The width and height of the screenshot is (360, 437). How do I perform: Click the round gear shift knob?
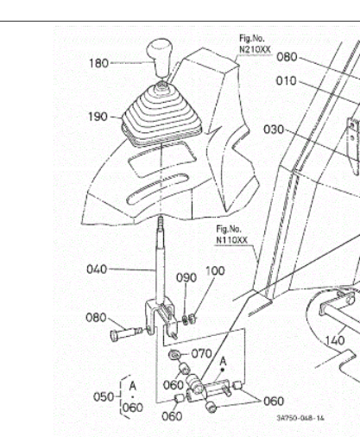[x=160, y=57]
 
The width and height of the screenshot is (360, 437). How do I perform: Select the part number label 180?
[x=98, y=63]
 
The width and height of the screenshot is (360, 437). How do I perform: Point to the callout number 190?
[x=98, y=117]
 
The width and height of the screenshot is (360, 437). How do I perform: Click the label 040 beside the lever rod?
[x=97, y=269]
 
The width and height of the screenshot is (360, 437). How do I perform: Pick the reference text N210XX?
[x=255, y=49]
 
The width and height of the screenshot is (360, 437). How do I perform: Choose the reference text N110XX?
[x=231, y=240]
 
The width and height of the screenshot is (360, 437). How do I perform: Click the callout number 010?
[x=286, y=81]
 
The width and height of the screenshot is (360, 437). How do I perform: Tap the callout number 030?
[x=274, y=130]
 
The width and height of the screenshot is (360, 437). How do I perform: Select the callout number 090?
[x=186, y=278]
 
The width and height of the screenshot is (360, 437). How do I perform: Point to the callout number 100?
[x=215, y=271]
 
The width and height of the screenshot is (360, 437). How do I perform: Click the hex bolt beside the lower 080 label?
[x=126, y=334]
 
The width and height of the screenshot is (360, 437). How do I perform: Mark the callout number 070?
[x=201, y=353]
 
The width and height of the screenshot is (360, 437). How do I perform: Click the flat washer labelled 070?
[x=174, y=355]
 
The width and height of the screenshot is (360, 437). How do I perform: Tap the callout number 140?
[x=335, y=341]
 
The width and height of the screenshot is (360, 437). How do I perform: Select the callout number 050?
[x=104, y=397]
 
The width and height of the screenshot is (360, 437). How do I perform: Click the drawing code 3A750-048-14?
[x=300, y=418]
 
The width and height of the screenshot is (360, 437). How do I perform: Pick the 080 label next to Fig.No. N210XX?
[x=287, y=57]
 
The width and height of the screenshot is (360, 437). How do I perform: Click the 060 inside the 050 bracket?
[x=133, y=408]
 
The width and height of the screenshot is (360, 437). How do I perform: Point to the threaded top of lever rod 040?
[x=161, y=224]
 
